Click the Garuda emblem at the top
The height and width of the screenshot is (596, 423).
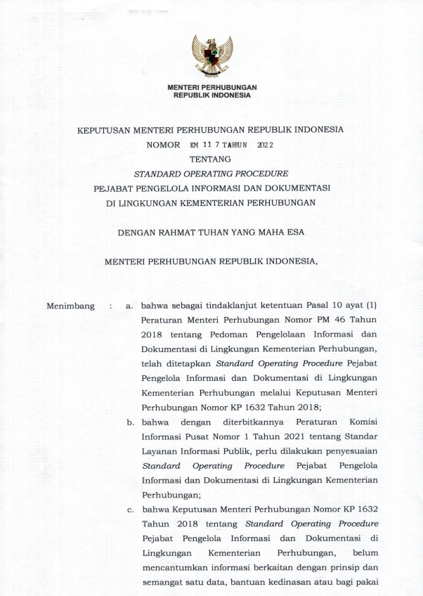pos(211,56)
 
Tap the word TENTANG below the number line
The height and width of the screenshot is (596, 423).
pos(211,160)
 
